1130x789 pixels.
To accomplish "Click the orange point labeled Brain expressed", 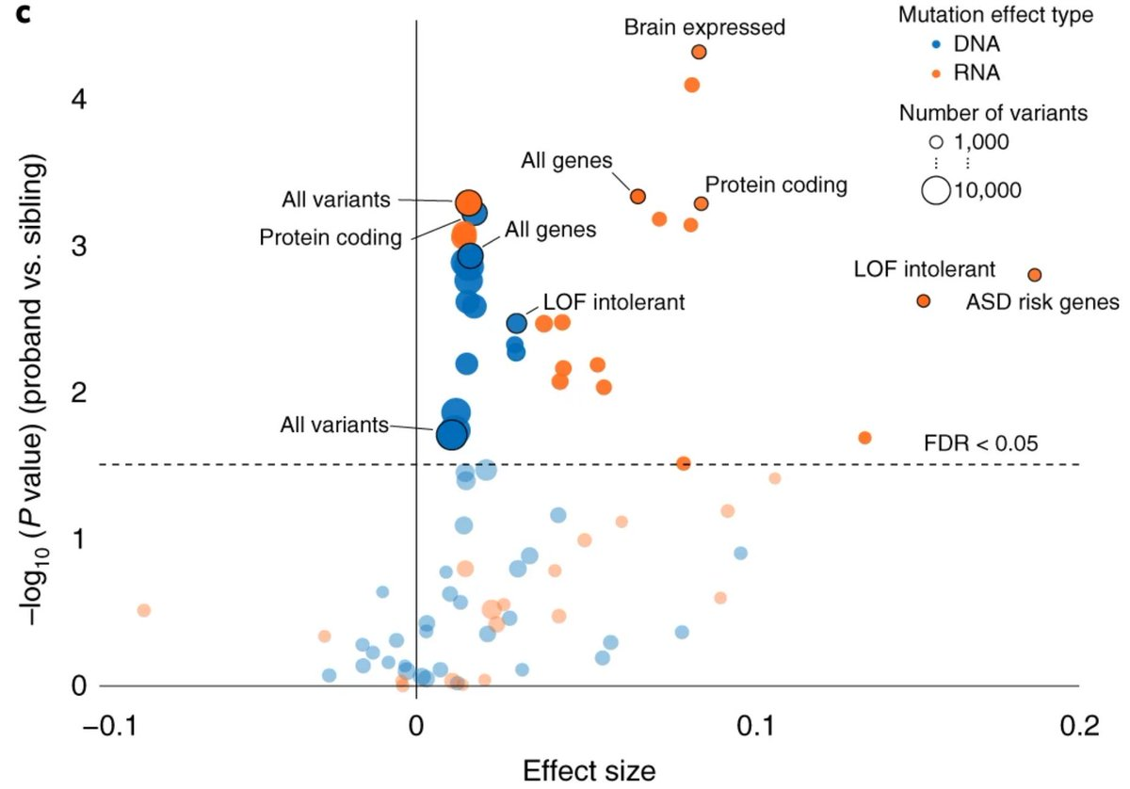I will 699,53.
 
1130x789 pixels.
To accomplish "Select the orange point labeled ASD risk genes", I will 923,300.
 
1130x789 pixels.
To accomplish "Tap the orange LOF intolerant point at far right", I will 1034,275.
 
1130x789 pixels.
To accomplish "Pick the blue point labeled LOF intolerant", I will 516,323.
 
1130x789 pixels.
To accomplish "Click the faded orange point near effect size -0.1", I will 143,610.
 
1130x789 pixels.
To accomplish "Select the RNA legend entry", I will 973,72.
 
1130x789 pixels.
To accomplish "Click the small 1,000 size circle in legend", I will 935,143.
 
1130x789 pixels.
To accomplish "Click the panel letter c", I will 21,16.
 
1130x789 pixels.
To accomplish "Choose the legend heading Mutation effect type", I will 995,15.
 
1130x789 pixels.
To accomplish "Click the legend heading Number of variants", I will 993,114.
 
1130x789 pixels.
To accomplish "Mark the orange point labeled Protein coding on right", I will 701,203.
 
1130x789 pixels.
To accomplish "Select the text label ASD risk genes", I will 1042,302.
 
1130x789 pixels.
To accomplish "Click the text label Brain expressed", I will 704,26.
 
